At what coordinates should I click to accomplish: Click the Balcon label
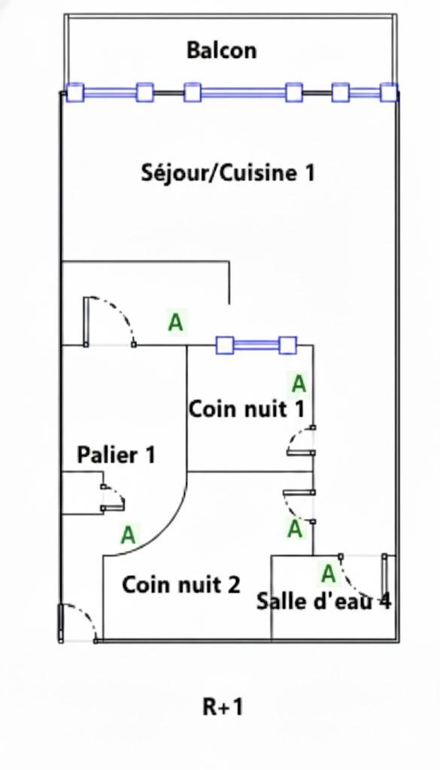pos(221,50)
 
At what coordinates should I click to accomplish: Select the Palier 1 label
pos(116,455)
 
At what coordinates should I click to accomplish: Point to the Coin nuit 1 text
pos(247,409)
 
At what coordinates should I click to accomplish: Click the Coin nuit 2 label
pos(181,585)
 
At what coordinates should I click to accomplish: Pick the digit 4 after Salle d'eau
pos(386,601)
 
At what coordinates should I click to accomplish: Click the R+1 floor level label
pos(223,707)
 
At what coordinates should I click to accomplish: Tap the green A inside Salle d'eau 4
pos(328,574)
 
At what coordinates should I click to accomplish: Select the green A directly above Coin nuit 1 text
pos(299,384)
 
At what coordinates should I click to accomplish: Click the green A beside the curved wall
pos(128,535)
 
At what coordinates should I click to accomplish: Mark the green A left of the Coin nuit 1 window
pos(176,323)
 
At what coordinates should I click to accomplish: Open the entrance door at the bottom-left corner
pos(78,623)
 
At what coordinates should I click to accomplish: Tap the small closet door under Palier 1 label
pos(113,498)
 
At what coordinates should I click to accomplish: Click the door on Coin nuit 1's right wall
pos(300,441)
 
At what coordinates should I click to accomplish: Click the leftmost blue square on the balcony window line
pos(75,92)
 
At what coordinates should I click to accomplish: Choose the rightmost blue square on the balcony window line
pos(389,92)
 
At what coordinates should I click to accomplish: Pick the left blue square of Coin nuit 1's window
pos(224,345)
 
